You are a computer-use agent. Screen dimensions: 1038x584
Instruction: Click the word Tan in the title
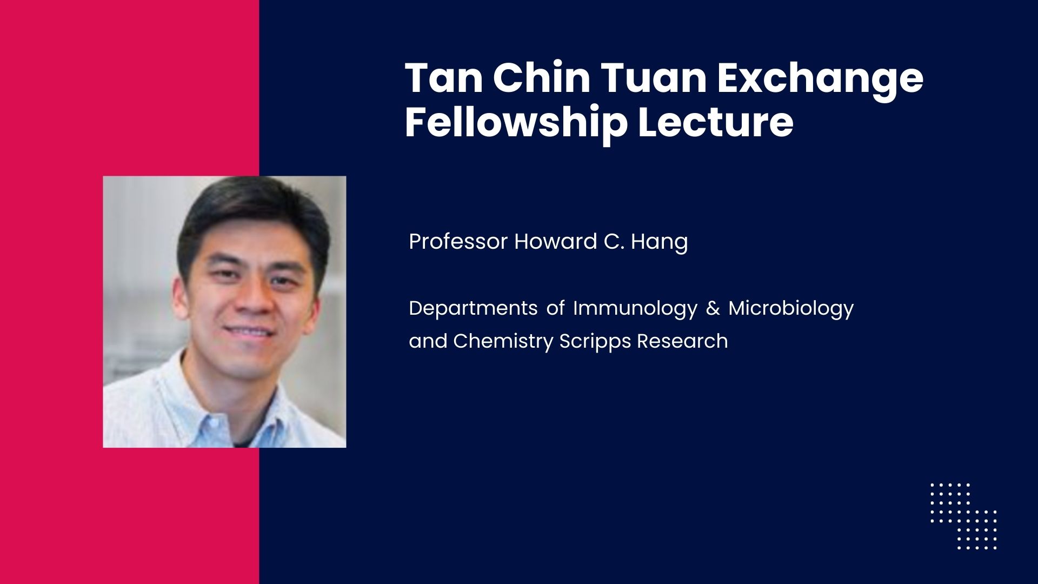443,78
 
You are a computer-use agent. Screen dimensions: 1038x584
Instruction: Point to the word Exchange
820,82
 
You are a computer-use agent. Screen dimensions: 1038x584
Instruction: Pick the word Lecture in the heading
716,123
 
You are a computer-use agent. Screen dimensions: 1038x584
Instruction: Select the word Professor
458,241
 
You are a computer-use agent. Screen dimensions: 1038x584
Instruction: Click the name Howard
556,241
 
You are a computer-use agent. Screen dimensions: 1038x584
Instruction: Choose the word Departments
473,309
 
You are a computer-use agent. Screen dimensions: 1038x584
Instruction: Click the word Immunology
636,309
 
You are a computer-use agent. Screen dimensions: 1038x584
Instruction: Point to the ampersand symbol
713,308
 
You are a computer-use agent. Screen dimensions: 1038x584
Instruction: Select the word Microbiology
791,309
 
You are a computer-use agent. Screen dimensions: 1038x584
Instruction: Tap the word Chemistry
503,342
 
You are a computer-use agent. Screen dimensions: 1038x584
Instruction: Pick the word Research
682,341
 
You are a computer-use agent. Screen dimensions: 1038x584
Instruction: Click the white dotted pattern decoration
963,516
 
